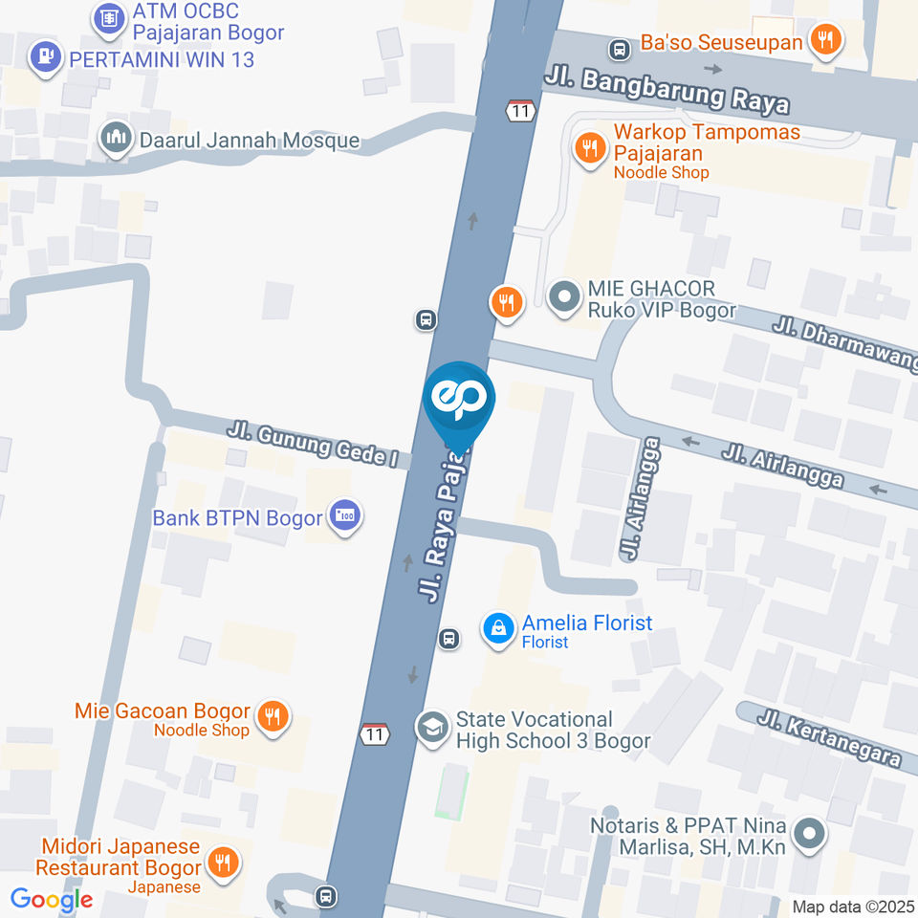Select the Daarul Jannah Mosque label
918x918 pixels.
249,141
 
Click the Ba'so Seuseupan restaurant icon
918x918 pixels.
823,40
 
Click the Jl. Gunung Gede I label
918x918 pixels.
312,446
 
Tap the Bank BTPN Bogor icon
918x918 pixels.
345,516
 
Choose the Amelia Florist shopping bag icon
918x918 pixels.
498,629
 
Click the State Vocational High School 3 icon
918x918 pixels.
433,728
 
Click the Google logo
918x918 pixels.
52,899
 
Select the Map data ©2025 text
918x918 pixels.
853,907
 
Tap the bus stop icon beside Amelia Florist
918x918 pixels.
449,638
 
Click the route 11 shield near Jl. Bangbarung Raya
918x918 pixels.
519,110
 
